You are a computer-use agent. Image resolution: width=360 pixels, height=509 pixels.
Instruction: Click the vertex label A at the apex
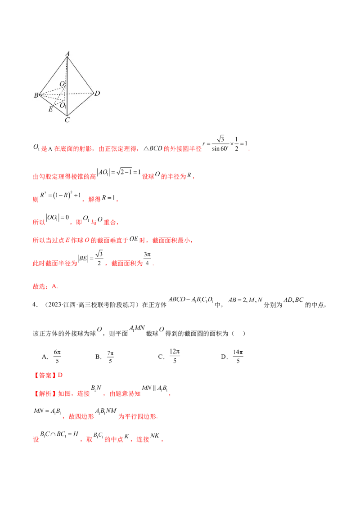67,53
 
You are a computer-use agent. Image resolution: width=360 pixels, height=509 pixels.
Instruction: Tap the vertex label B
36,95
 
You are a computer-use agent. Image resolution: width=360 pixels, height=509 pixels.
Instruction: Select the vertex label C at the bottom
67,120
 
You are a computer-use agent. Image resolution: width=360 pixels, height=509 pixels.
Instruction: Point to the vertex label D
97,94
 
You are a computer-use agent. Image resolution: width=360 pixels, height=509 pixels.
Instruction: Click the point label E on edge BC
50,109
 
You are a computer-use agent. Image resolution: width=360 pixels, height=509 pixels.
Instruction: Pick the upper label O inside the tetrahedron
62,84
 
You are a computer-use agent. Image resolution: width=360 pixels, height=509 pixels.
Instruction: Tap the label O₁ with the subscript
63,105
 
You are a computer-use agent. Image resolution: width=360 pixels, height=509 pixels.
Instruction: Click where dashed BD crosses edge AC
67,94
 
